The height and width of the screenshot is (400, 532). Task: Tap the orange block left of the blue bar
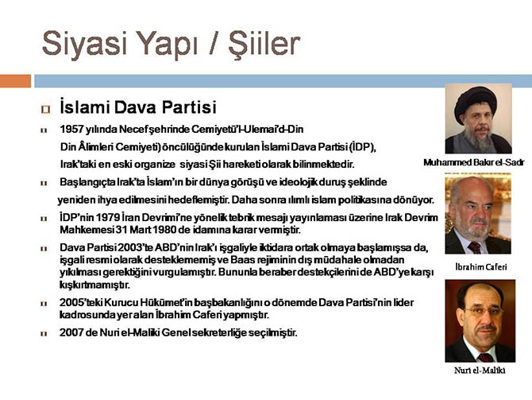pos(15,80)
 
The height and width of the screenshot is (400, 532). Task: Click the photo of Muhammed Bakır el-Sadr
pos(478,118)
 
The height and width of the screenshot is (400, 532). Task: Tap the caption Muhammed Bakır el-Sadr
pos(473,162)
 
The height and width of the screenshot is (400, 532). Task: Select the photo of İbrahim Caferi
pos(478,214)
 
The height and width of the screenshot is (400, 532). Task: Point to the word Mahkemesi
pos(82,230)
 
